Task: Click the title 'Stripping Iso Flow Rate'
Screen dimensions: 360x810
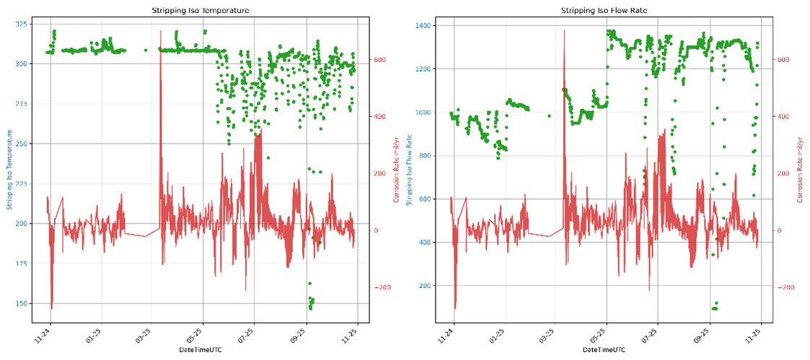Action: pyautogui.click(x=599, y=12)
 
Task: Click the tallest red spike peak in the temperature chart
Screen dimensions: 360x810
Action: pyautogui.click(x=161, y=31)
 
